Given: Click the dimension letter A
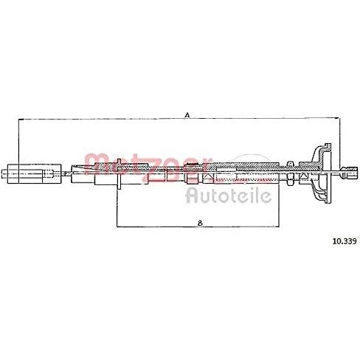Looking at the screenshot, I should [187, 114].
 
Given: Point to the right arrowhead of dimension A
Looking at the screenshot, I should [338, 118].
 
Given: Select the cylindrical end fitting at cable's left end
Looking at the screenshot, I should [31, 174].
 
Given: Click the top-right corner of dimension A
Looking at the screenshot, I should [339, 118].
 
